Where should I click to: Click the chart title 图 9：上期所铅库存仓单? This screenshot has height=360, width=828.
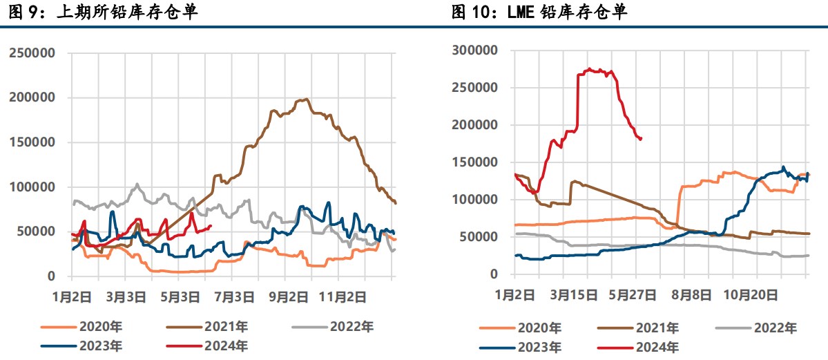click(103, 12)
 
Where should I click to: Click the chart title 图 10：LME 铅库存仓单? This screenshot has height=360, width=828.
click(539, 12)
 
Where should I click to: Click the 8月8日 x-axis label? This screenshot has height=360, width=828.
click(692, 294)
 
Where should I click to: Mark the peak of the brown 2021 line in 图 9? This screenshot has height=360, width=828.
click(306, 99)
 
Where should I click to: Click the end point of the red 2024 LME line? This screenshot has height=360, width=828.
click(642, 139)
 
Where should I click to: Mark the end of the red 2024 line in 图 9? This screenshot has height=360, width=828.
click(211, 226)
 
